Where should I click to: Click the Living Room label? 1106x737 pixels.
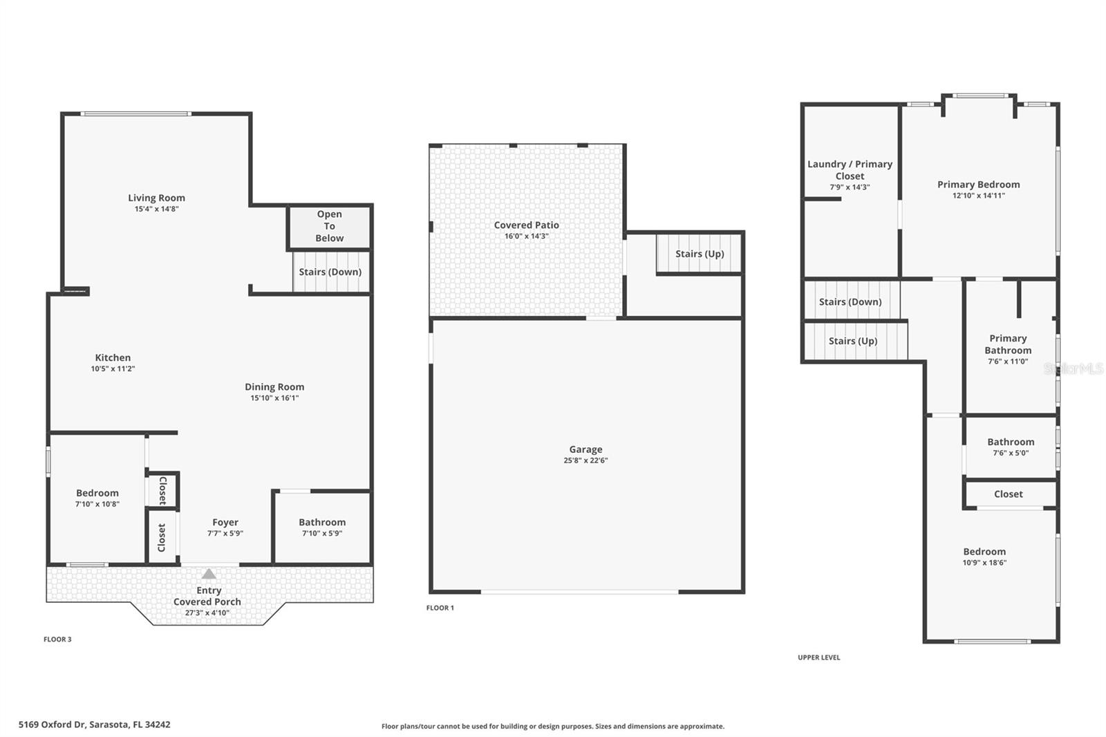pos(156,198)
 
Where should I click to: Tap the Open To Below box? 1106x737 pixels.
pos(329,226)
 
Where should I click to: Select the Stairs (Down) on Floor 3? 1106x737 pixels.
pos(330,272)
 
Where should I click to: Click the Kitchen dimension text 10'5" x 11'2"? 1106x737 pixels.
pos(113,369)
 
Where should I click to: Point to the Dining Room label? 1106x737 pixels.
pos(274,387)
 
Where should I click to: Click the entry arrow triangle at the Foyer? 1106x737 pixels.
pos(209,574)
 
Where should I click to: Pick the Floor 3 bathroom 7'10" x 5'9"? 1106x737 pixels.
pos(321,527)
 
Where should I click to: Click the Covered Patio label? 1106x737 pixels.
pos(526,225)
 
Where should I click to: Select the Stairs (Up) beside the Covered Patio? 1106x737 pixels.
pos(699,254)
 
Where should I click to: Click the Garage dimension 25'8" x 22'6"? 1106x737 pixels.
pos(585,460)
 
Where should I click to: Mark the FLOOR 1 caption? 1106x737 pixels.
pos(440,608)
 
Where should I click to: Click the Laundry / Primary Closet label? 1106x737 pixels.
pos(850,170)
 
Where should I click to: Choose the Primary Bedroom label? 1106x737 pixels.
pos(978,185)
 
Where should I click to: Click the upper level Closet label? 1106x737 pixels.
pos(1008,494)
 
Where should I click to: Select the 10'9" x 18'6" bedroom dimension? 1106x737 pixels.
pos(984,563)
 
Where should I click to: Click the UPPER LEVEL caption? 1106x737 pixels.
pos(818,657)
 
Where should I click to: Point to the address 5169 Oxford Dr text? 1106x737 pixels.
pos(94,725)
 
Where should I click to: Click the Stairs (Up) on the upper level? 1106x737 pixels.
pos(852,341)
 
